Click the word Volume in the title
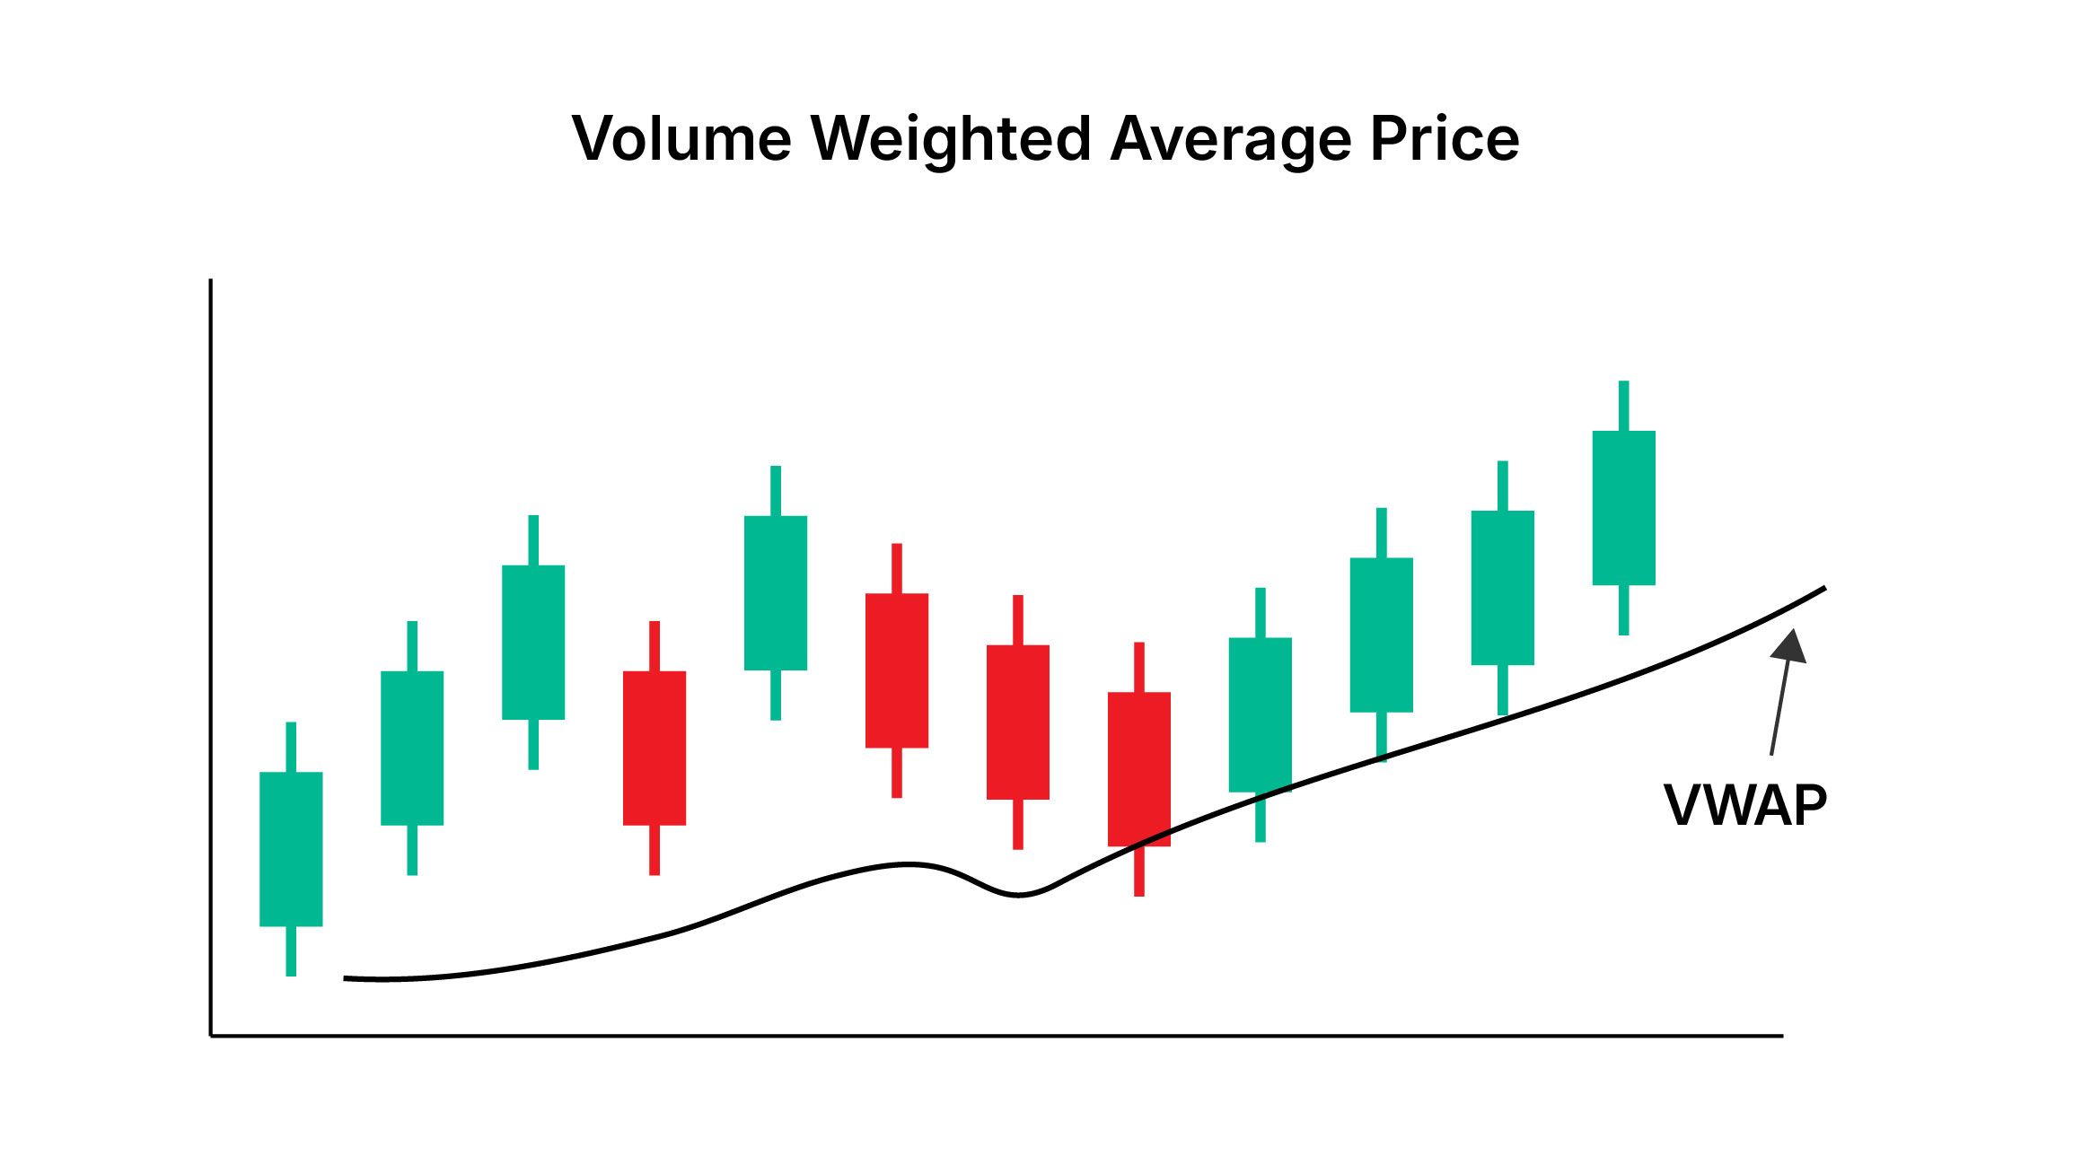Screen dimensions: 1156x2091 [681, 139]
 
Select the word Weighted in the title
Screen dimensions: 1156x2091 [951, 139]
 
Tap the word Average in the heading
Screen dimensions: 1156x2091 [1230, 139]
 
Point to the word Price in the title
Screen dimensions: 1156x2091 [1445, 139]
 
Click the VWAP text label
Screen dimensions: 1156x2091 [1745, 805]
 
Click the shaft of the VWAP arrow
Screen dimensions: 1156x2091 [1779, 709]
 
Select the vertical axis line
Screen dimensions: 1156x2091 [210, 655]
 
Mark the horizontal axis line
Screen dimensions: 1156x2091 [988, 1036]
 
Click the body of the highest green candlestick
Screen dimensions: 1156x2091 [1623, 508]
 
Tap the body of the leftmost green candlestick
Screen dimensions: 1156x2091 [291, 848]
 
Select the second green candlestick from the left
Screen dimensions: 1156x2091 [412, 748]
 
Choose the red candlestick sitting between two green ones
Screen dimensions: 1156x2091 [655, 748]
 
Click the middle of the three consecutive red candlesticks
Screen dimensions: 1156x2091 [1018, 722]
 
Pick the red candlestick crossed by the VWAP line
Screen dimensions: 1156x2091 [1138, 768]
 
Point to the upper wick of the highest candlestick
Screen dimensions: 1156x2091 [1623, 406]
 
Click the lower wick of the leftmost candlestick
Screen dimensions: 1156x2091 [291, 950]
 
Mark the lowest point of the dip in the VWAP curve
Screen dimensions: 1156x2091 [1018, 895]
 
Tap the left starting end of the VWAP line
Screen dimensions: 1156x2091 [347, 977]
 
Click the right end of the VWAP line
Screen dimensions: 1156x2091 [1823, 589]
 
